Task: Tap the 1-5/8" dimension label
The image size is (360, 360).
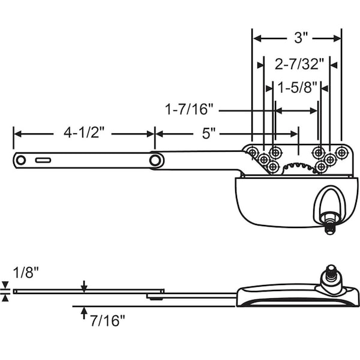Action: pyautogui.click(x=298, y=88)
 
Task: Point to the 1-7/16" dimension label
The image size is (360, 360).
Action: pyautogui.click(x=190, y=110)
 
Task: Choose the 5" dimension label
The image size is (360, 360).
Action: pyautogui.click(x=208, y=133)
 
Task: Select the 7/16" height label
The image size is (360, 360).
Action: pyautogui.click(x=109, y=321)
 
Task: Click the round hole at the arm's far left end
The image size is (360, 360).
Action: pyautogui.click(x=22, y=160)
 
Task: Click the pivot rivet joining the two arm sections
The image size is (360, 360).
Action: pyautogui.click(x=156, y=160)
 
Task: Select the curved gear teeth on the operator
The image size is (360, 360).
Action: pyautogui.click(x=298, y=166)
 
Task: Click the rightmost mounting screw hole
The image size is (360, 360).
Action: pyautogui.click(x=341, y=152)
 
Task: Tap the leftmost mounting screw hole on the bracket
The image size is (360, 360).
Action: pyautogui.click(x=252, y=152)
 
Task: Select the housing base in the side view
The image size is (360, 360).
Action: pyautogui.click(x=297, y=298)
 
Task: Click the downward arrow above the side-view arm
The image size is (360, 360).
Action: pyautogui.click(x=84, y=285)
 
